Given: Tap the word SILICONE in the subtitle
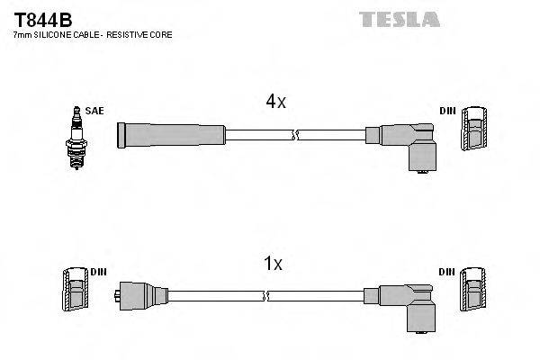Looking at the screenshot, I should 59,34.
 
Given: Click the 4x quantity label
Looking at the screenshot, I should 275,103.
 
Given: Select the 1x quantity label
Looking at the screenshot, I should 273,264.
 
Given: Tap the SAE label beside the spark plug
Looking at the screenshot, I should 96,112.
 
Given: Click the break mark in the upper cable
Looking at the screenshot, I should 295,136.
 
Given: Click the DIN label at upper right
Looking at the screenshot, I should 446,112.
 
